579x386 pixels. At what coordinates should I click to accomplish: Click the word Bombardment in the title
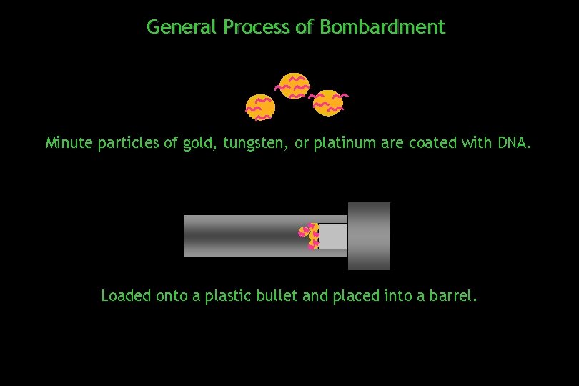(x=382, y=27)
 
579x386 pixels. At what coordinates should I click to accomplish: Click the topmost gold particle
(x=293, y=86)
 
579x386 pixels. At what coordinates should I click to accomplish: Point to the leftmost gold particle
(x=260, y=107)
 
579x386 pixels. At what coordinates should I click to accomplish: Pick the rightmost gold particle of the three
(x=328, y=102)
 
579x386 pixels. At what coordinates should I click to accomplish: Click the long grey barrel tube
(x=243, y=236)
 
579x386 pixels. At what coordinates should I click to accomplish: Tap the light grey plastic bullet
(x=333, y=237)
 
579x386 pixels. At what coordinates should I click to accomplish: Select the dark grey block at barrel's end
(x=369, y=236)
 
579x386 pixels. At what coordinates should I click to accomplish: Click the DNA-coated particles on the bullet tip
(x=310, y=237)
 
